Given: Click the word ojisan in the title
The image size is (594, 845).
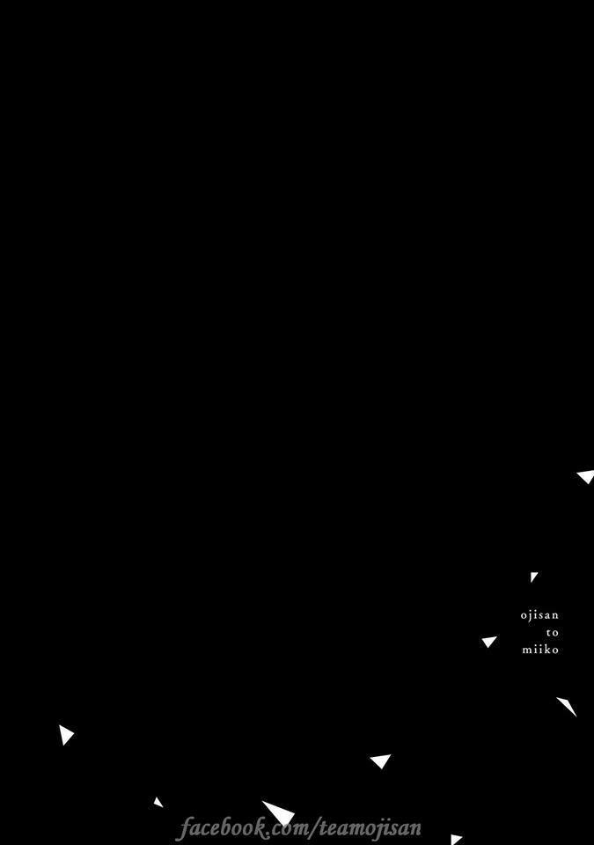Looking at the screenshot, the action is coord(539,615).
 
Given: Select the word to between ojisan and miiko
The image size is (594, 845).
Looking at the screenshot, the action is coord(553,633).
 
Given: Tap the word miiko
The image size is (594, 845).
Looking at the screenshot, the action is coord(540,650).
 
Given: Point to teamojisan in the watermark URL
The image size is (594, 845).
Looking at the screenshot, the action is coord(370,827).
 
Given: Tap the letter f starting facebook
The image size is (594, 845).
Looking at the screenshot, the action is coord(186,828).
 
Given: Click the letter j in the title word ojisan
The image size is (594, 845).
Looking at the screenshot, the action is coord(531,616).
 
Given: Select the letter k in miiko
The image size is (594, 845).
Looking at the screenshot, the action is coord(547,649).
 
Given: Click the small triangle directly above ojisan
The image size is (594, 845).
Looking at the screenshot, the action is coord(533,577).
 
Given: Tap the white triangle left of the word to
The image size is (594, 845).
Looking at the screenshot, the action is coord(489,642).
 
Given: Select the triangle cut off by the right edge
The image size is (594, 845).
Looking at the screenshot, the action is coord(586,476).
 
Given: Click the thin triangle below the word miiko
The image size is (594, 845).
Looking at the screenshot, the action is coord(567,707).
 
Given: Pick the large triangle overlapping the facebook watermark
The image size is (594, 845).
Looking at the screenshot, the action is coord(279,812).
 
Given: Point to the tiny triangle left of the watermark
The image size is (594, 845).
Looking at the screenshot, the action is coord(158,803).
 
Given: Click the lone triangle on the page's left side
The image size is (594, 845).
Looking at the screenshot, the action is coord(66,735).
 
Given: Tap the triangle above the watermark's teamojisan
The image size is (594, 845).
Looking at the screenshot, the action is coord(380,760).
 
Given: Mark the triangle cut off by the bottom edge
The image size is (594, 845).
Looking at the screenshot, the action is coord(456,840).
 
